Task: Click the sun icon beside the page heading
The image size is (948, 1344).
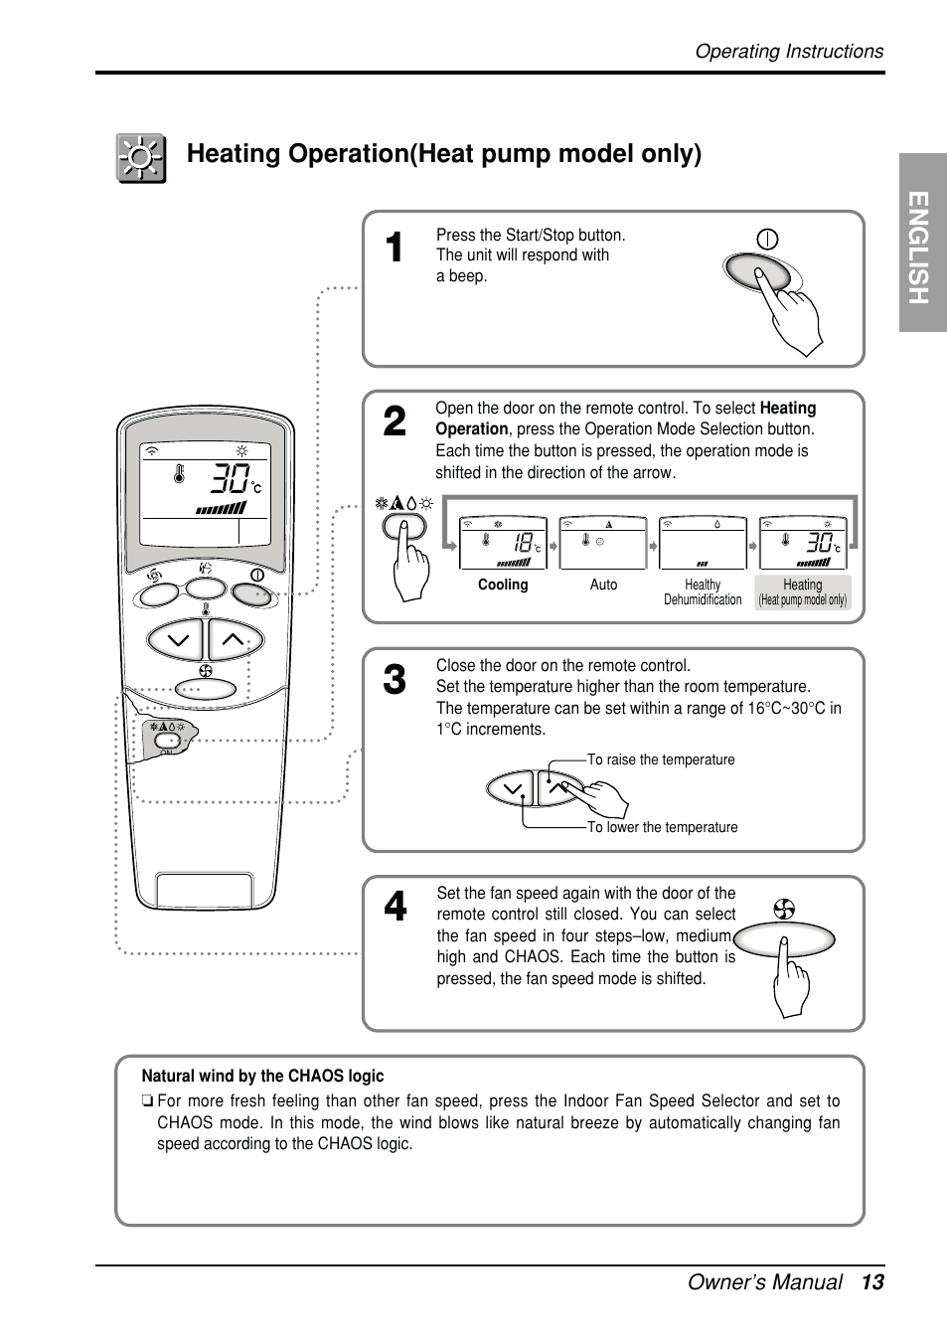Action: pyautogui.click(x=141, y=158)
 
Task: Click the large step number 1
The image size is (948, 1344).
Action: pyautogui.click(x=394, y=249)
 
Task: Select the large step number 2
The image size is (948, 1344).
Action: pyautogui.click(x=394, y=422)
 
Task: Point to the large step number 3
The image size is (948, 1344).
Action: pyautogui.click(x=394, y=681)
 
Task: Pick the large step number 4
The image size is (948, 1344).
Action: pyautogui.click(x=394, y=907)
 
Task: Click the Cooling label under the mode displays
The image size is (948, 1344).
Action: pyautogui.click(x=503, y=585)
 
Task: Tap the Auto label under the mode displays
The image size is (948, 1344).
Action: pyautogui.click(x=603, y=585)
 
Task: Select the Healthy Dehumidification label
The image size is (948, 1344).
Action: pyautogui.click(x=703, y=592)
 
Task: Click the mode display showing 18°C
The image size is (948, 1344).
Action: pyautogui.click(x=503, y=543)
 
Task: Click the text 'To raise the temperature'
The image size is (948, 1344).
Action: pyautogui.click(x=661, y=759)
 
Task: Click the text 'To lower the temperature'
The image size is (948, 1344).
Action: pyautogui.click(x=662, y=827)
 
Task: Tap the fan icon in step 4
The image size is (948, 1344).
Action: pyautogui.click(x=784, y=909)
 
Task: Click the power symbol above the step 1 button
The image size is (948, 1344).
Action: pyautogui.click(x=767, y=239)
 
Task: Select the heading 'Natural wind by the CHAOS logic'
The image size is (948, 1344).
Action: pyautogui.click(x=262, y=1076)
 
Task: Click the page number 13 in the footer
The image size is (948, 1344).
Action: pyautogui.click(x=872, y=1282)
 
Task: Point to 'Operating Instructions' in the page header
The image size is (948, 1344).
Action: pyautogui.click(x=789, y=52)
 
